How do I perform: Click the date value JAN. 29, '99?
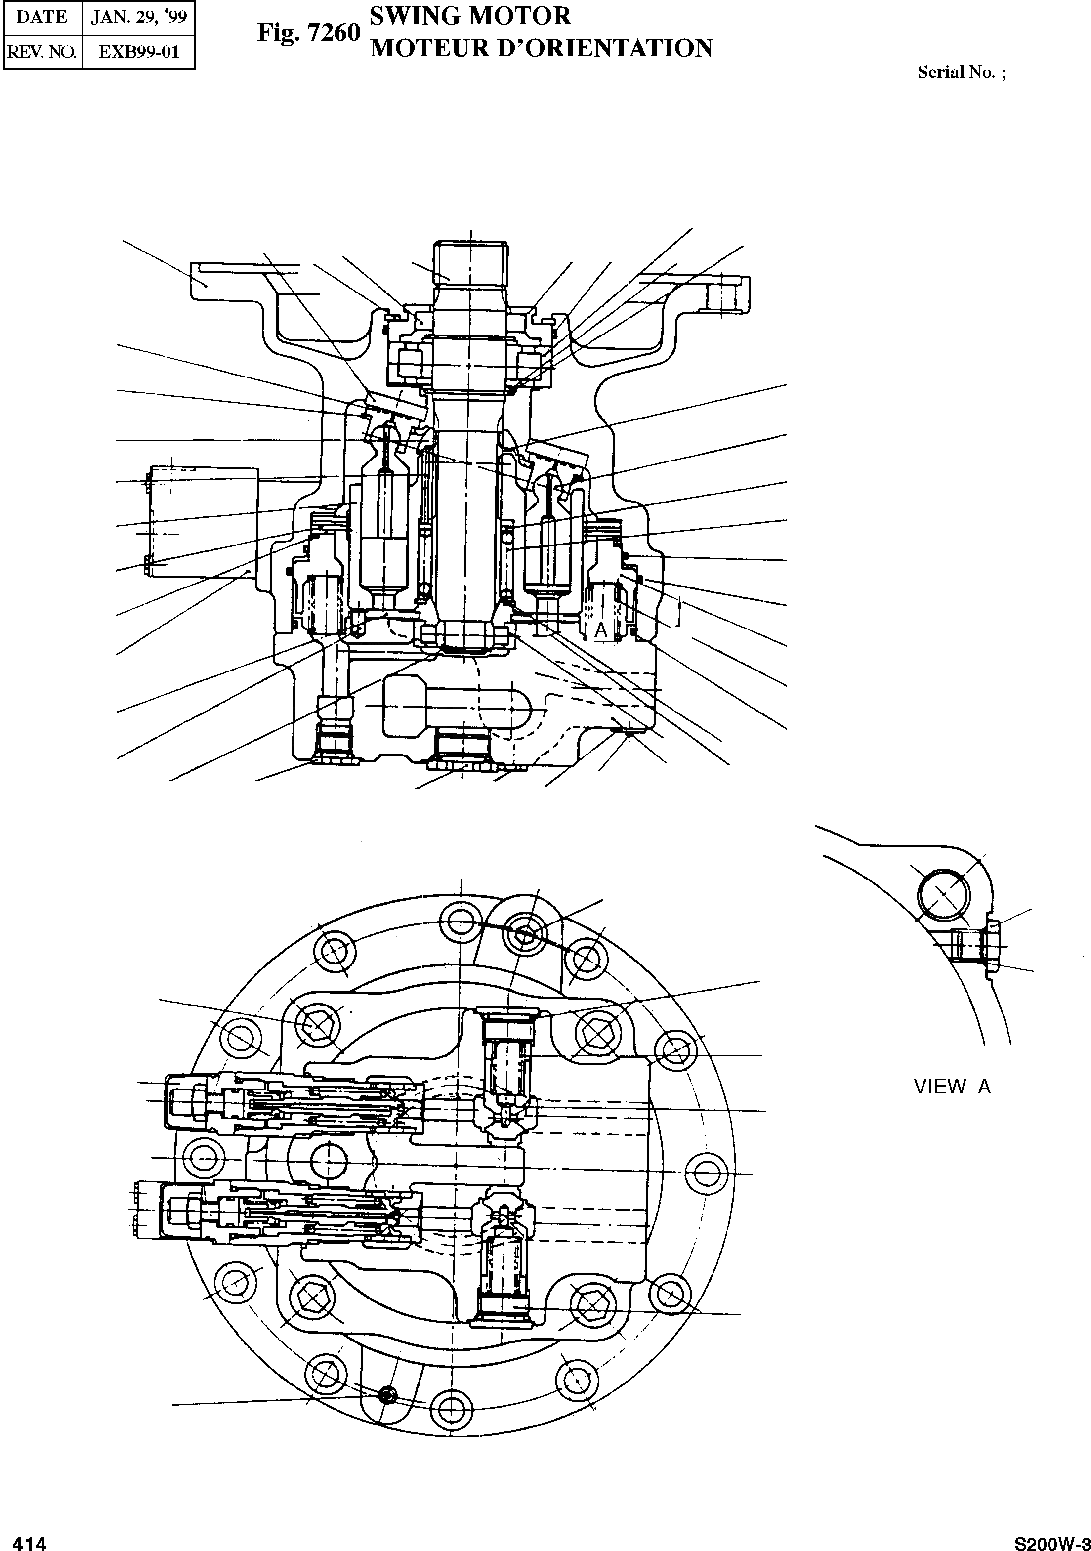point(138,18)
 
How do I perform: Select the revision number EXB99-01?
point(138,52)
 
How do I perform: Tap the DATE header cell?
point(42,18)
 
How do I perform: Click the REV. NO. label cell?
point(42,52)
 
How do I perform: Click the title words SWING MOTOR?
point(471,15)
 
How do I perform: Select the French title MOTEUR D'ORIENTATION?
point(542,48)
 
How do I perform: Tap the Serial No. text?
point(961,73)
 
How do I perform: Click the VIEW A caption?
point(952,1087)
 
